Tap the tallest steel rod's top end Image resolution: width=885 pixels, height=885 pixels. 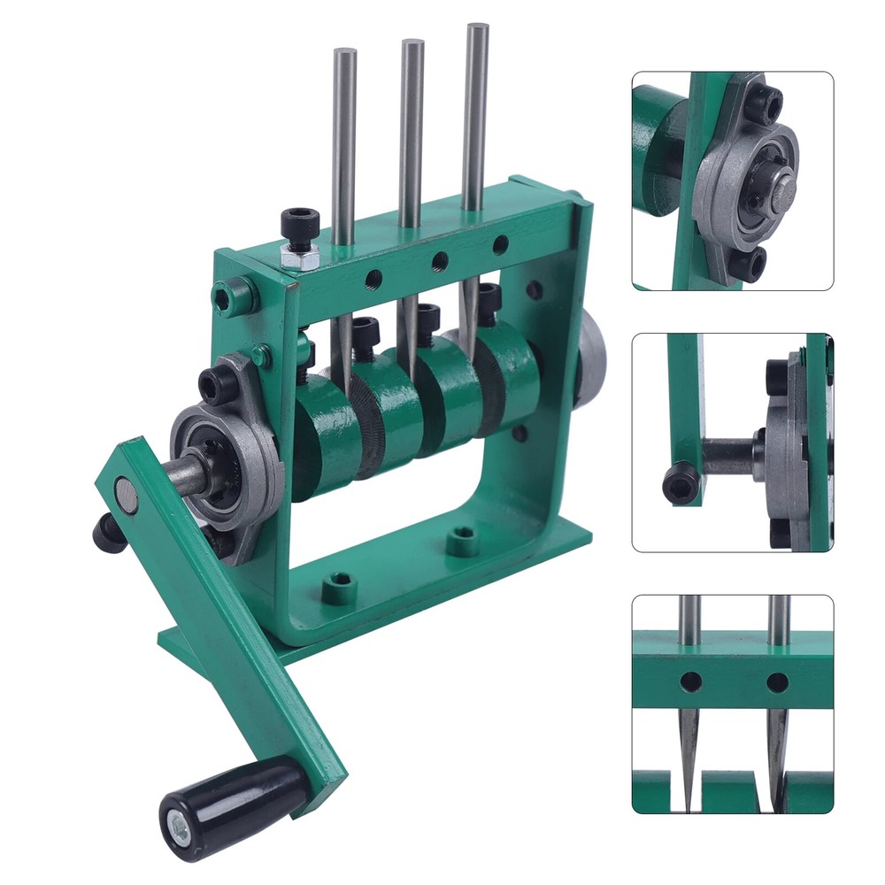477,29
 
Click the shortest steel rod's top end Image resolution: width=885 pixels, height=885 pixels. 344,52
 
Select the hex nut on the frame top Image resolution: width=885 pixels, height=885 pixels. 299,257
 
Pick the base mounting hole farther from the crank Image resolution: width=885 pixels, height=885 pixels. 462,539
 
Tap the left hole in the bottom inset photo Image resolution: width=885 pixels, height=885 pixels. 691,681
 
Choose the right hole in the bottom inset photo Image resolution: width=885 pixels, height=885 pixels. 777,682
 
